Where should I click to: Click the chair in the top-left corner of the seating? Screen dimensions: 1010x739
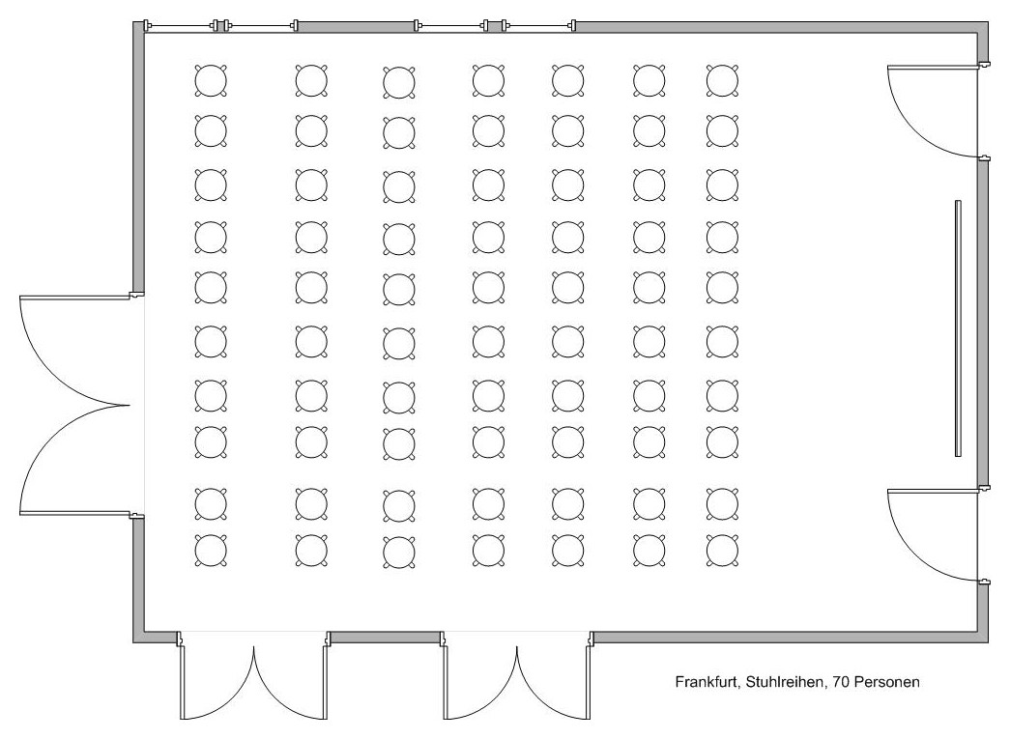(211, 80)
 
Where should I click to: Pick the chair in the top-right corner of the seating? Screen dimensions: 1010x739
(722, 80)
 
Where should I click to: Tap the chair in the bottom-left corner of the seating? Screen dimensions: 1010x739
(211, 551)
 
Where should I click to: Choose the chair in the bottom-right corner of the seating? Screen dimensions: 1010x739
(722, 551)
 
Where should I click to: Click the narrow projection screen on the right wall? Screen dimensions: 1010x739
(958, 328)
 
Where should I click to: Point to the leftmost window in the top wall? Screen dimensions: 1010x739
(180, 26)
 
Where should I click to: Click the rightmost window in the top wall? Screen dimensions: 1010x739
(538, 26)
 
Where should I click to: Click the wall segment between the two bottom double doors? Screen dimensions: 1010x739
(386, 638)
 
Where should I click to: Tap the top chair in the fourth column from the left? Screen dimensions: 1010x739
(488, 80)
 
